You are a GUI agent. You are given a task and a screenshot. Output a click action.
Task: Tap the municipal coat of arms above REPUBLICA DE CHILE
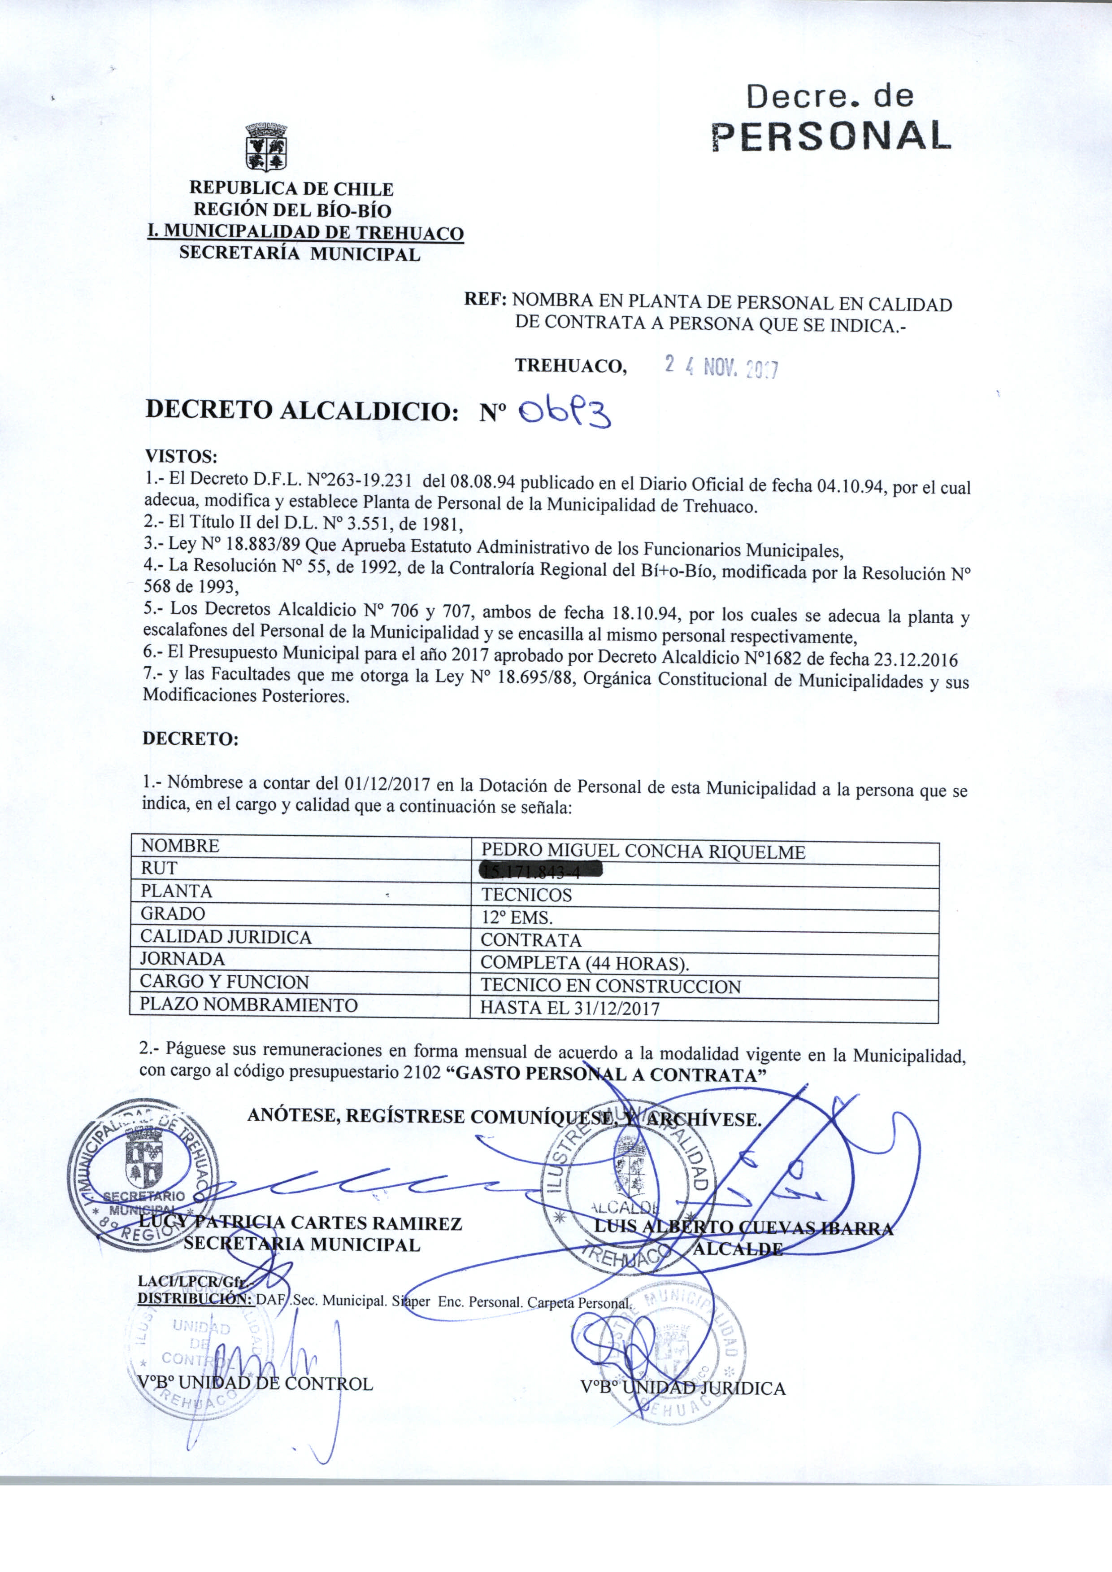point(266,147)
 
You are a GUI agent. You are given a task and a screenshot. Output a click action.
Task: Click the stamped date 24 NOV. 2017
point(721,368)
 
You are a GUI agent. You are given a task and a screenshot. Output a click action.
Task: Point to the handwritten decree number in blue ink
point(564,413)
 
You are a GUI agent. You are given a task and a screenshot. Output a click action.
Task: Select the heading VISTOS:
point(181,456)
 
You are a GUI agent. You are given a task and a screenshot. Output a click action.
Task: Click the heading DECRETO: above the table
point(191,738)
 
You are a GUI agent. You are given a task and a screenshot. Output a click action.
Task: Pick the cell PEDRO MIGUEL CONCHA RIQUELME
point(643,851)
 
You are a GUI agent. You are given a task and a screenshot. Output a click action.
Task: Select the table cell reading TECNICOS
point(526,895)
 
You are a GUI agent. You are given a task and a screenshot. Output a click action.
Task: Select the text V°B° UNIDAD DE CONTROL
point(254,1384)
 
